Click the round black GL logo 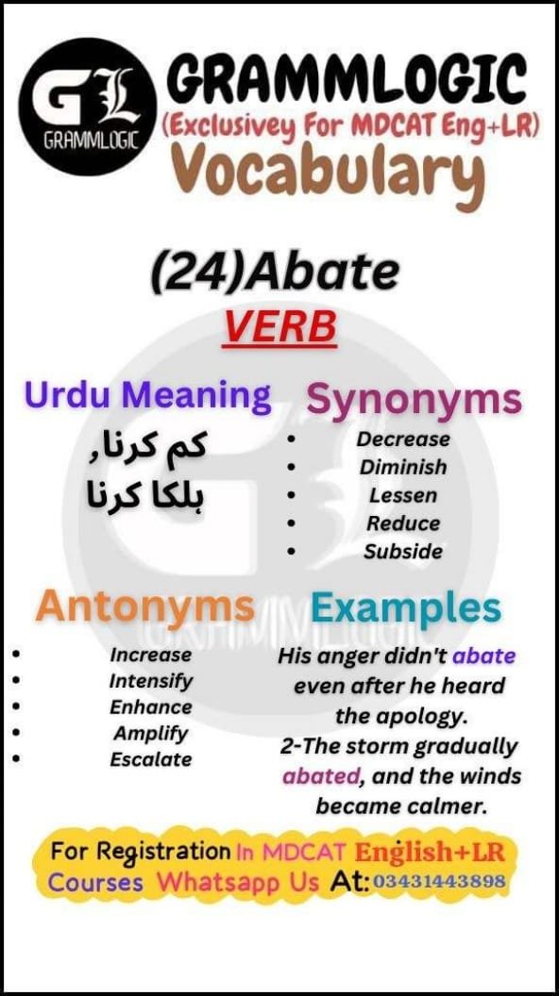click(x=88, y=106)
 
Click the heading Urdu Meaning click(x=147, y=396)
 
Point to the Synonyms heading click(x=414, y=401)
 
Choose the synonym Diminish click(x=403, y=467)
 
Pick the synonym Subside click(x=403, y=552)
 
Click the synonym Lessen click(x=403, y=495)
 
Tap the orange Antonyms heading click(x=145, y=608)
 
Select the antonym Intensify click(x=151, y=682)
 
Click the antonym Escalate click(x=151, y=759)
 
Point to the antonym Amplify click(x=151, y=734)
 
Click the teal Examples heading click(x=406, y=608)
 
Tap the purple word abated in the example click(x=320, y=776)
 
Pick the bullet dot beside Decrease click(x=291, y=439)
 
